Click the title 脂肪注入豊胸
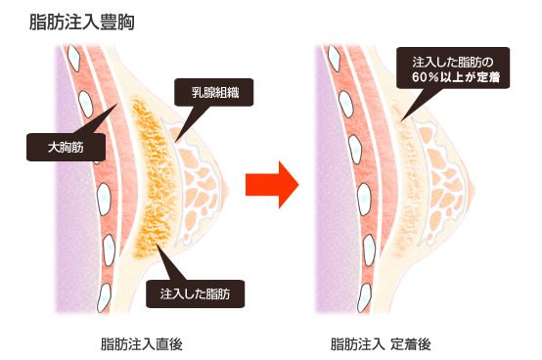[82, 22]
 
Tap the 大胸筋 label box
[66, 147]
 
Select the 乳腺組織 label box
[214, 92]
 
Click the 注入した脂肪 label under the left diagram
[196, 294]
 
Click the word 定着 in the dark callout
[488, 76]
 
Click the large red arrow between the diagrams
[272, 185]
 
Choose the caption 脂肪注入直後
[142, 344]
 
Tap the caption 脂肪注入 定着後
[381, 344]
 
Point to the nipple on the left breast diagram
[226, 188]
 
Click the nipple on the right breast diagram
[473, 190]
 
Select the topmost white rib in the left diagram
[73, 58]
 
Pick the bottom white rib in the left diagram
[104, 297]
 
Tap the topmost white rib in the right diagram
[335, 58]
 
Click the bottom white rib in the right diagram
[364, 297]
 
